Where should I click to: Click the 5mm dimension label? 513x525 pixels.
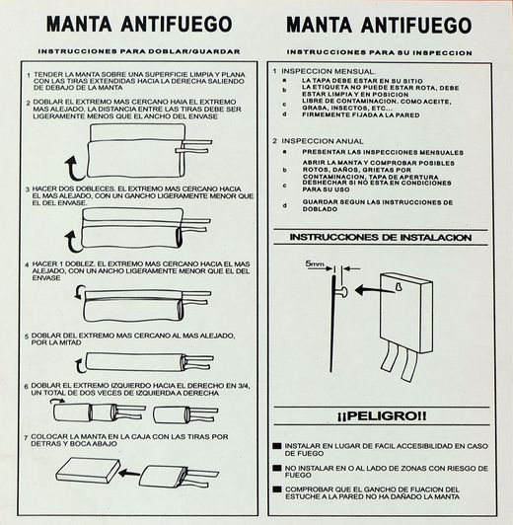pos(315,265)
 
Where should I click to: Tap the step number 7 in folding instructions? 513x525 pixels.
pos(25,436)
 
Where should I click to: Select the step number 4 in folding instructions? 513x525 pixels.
pos(25,265)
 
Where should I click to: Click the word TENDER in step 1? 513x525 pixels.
pos(44,74)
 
